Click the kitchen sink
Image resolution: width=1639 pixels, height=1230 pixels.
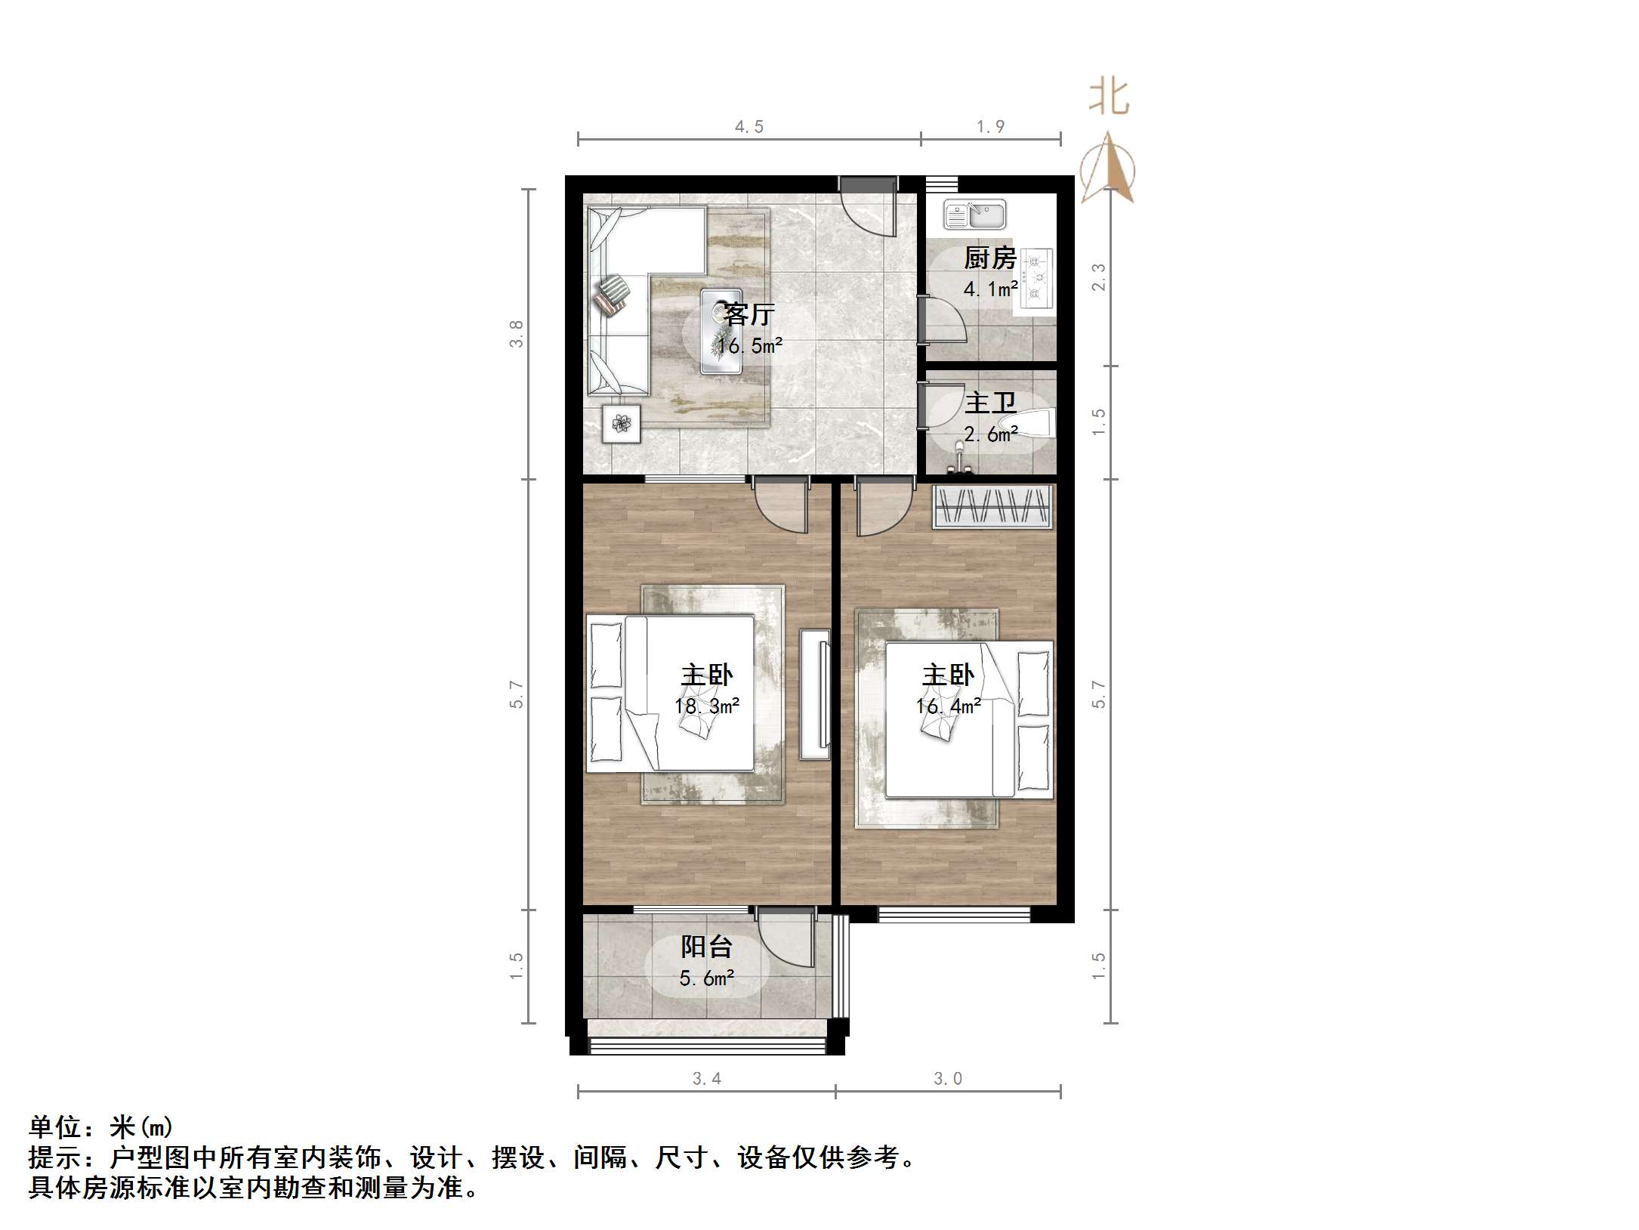(975, 215)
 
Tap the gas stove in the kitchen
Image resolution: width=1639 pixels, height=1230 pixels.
(1037, 278)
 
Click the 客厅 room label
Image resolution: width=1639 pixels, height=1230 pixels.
(749, 314)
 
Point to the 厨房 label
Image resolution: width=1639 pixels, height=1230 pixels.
(989, 258)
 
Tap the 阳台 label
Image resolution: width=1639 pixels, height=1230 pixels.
(706, 947)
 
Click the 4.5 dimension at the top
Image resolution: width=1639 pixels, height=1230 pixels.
(749, 127)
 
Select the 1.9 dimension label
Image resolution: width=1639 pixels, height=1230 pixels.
(990, 127)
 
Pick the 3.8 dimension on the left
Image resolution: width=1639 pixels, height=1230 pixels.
(517, 333)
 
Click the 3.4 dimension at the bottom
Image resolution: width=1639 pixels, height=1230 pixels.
(706, 1079)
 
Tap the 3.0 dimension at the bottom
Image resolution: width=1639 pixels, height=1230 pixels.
(948, 1079)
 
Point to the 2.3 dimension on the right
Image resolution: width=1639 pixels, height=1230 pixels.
(1099, 277)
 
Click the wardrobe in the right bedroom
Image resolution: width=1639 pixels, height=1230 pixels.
(992, 506)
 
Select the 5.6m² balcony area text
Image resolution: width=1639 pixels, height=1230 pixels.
(706, 979)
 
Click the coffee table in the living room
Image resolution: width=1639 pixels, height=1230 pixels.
(721, 331)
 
